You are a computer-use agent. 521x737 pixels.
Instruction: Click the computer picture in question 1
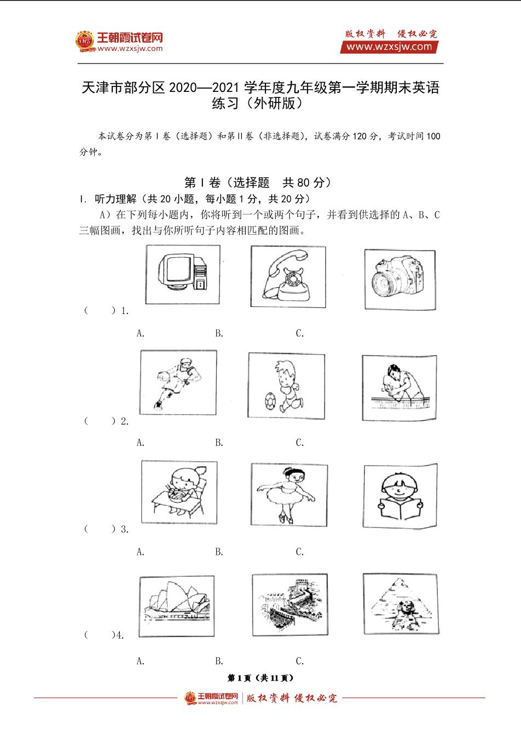[183, 275]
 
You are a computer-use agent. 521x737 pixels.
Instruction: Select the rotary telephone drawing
[288, 276]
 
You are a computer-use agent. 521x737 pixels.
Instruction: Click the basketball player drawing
[178, 382]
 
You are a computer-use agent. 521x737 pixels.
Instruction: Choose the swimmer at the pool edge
[400, 387]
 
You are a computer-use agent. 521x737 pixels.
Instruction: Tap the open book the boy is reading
[400, 508]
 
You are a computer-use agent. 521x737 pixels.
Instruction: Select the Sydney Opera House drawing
[177, 606]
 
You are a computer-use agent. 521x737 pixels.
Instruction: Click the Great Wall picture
[290, 605]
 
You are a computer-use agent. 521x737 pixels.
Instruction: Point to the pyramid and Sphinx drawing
[401, 603]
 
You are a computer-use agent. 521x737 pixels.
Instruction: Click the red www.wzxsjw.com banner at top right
[389, 47]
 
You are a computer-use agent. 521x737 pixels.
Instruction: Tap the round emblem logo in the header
[85, 42]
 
